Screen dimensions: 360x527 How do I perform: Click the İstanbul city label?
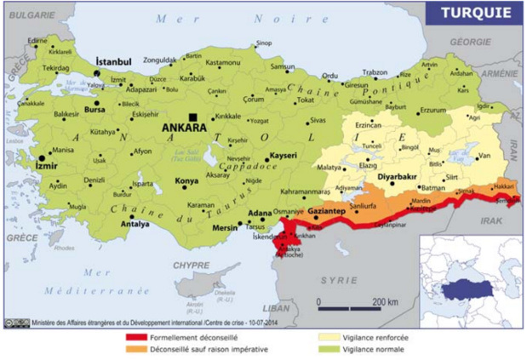pos(113,62)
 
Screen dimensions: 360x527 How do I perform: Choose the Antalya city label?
pos(135,224)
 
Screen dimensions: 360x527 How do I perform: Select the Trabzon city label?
pos(375,71)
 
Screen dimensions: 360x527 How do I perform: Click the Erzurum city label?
pos(434,110)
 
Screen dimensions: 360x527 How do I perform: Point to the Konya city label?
pos(186,181)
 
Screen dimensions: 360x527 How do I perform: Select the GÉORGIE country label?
pos(471,41)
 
